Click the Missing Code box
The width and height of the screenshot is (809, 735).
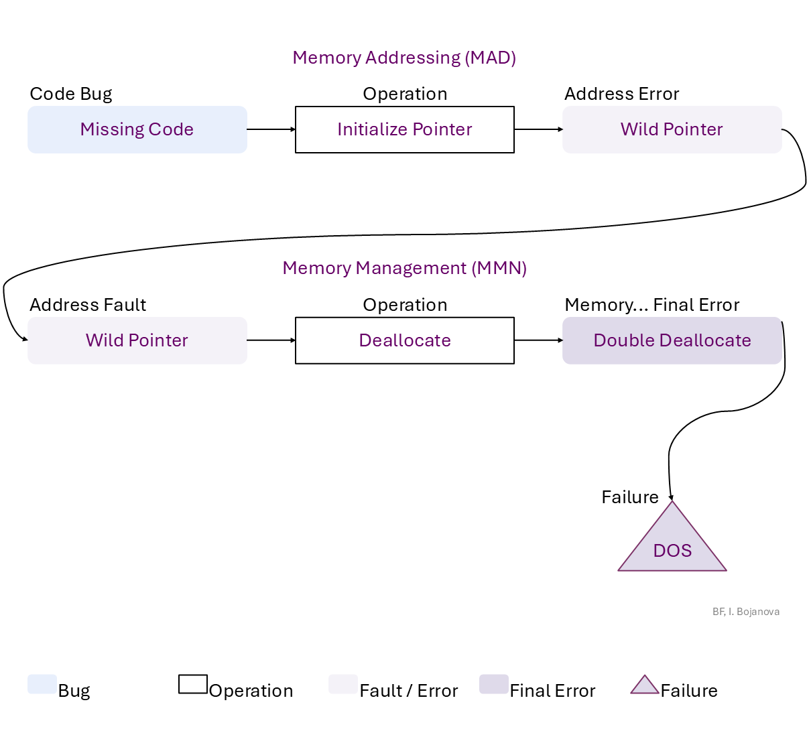click(137, 129)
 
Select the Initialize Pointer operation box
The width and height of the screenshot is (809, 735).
click(404, 129)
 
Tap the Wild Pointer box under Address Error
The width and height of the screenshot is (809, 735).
click(672, 129)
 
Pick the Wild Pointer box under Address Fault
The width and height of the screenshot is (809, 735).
click(137, 340)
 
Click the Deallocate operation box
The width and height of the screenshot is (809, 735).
click(404, 340)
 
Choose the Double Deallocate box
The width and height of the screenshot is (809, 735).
click(672, 340)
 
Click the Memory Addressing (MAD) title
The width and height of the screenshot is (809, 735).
click(404, 58)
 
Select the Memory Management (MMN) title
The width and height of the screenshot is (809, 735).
click(404, 268)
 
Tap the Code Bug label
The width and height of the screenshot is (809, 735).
click(71, 94)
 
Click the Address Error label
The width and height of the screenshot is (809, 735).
click(621, 94)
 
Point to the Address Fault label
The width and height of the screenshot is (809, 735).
click(88, 305)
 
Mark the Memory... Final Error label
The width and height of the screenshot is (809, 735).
click(651, 305)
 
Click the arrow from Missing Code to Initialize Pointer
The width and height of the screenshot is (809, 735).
click(271, 129)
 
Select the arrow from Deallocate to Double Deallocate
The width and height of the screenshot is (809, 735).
click(538, 340)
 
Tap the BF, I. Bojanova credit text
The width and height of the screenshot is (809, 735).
click(745, 612)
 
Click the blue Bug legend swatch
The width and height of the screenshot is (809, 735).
click(42, 684)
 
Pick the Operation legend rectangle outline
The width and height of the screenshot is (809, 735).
click(193, 684)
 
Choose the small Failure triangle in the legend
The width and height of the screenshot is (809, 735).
click(644, 685)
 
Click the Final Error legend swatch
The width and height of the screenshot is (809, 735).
click(493, 684)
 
